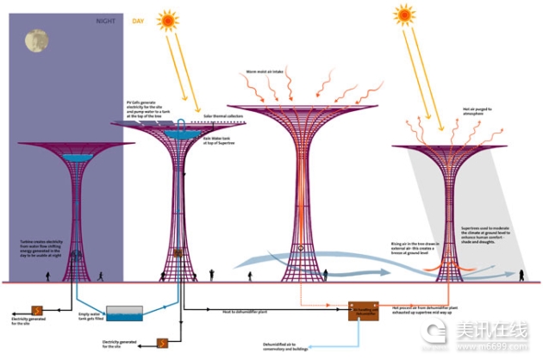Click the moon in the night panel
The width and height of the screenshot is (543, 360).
coord(36,40)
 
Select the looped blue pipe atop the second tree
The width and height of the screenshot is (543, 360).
coord(181,127)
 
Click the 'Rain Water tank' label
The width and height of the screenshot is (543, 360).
coord(215,139)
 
